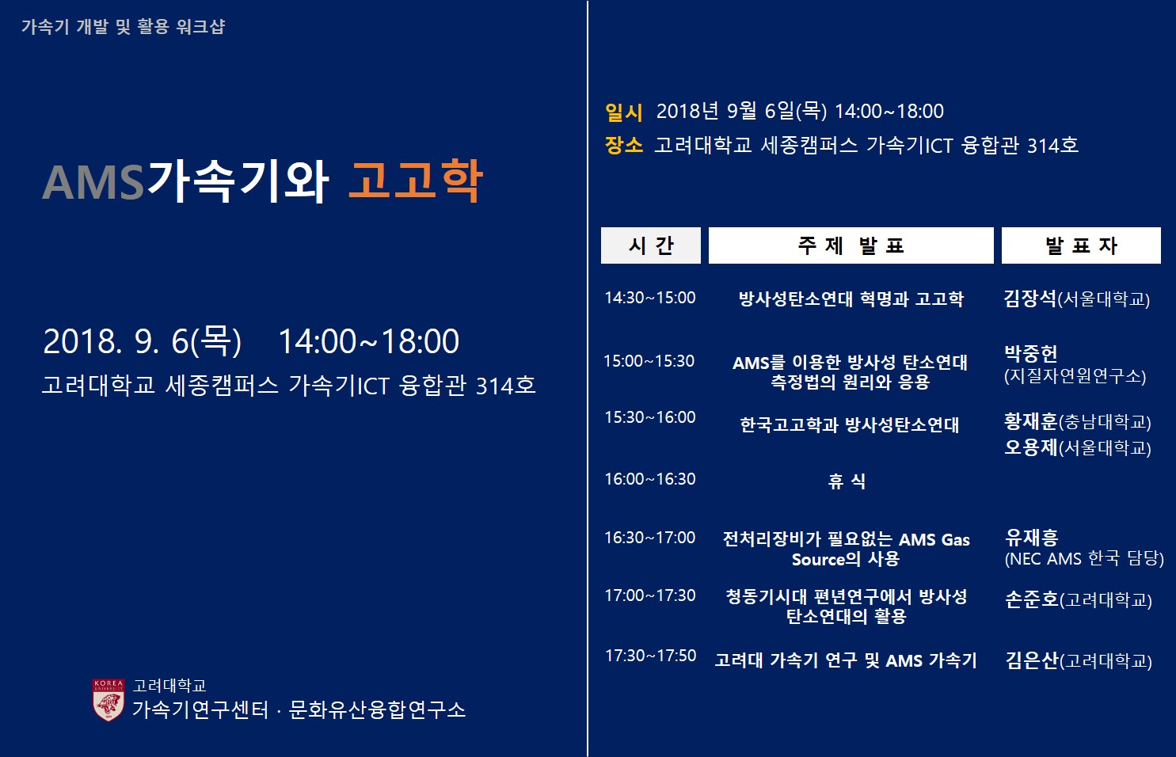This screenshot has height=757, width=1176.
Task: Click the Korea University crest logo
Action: click(x=108, y=700)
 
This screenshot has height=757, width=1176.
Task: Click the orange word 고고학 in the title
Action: click(x=415, y=181)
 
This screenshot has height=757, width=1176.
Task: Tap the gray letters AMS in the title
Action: click(x=93, y=183)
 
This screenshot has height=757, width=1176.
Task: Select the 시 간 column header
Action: click(x=650, y=245)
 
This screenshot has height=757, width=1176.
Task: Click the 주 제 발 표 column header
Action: click(x=851, y=245)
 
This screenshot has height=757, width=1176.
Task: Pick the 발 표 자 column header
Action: click(x=1081, y=245)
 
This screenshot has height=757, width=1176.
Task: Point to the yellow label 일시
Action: click(x=624, y=112)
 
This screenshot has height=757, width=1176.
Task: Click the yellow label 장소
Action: click(x=624, y=145)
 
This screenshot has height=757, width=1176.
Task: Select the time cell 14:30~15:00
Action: click(x=650, y=298)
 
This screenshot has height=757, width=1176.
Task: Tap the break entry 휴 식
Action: click(x=847, y=481)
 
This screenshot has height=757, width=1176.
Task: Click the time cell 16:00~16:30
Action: click(x=650, y=479)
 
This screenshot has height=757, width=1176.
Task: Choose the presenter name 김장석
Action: click(x=1030, y=299)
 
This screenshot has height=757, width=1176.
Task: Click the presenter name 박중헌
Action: click(x=1030, y=353)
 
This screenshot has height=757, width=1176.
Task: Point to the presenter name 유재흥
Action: click(x=1032, y=537)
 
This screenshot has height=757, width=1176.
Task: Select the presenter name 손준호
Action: click(x=1032, y=599)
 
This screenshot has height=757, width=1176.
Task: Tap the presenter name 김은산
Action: click(x=1032, y=660)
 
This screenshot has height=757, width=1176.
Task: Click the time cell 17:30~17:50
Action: click(x=650, y=655)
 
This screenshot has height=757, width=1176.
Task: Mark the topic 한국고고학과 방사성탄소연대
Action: click(x=850, y=424)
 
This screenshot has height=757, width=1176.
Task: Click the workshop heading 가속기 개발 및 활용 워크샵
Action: click(x=124, y=26)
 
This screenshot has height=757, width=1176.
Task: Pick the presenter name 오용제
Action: click(x=1031, y=447)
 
